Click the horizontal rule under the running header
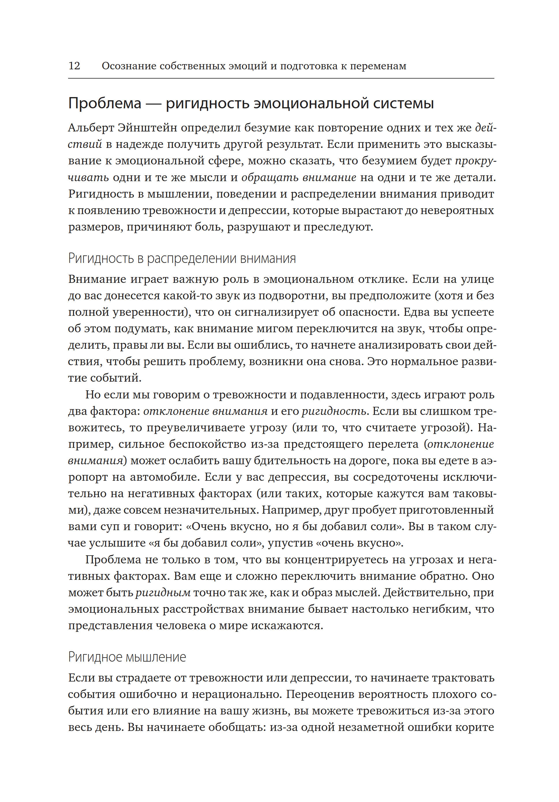click(x=281, y=78)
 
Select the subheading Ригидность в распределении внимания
click(x=182, y=259)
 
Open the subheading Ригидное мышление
click(x=127, y=657)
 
